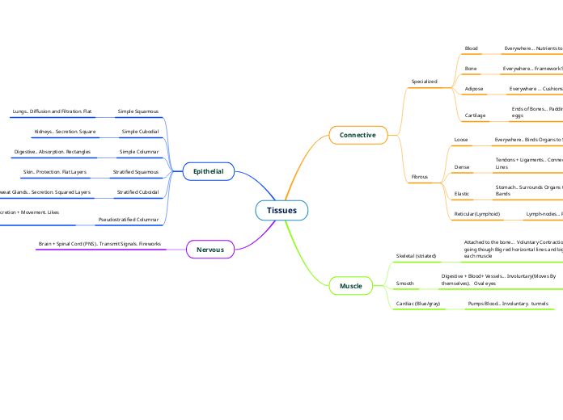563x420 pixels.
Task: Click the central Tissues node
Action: point(281,211)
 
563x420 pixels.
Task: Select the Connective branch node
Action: point(358,135)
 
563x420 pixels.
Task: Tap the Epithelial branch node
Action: point(208,171)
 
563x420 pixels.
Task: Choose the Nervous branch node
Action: point(210,250)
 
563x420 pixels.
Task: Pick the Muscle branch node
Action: point(350,286)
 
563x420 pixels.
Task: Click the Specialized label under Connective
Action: point(424,82)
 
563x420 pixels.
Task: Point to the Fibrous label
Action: point(420,175)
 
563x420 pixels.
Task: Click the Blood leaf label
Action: point(471,48)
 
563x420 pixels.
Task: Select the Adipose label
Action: point(474,88)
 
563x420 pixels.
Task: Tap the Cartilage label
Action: point(476,115)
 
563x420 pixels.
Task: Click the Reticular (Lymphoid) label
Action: point(477,214)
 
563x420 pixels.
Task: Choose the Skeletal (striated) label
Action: point(416,256)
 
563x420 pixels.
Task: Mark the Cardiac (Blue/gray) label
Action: point(417,304)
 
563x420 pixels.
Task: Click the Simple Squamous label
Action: point(138,111)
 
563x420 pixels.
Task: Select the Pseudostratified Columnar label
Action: point(128,219)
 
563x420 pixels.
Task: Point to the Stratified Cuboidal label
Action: point(138,192)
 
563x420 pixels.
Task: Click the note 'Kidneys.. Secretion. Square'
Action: point(65,131)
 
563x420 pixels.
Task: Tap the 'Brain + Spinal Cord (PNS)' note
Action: point(99,243)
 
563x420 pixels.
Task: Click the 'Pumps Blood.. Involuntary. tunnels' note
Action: point(507,304)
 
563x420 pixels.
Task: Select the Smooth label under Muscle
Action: point(404,283)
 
